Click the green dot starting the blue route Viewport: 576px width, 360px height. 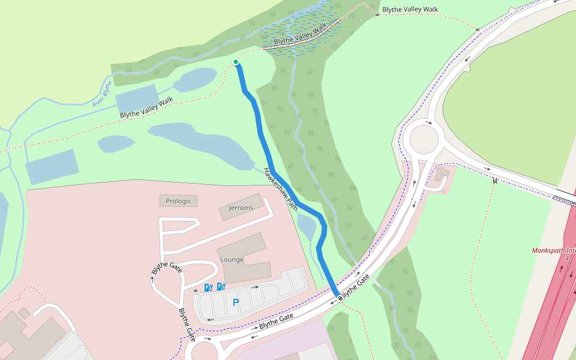pyautogui.click(x=236, y=62)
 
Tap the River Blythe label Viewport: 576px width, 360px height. pyautogui.click(x=103, y=94)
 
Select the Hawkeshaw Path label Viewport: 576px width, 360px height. pyautogui.click(x=281, y=188)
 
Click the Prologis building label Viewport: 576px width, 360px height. pyautogui.click(x=178, y=201)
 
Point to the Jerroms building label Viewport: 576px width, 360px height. pyautogui.click(x=241, y=208)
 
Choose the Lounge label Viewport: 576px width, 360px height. pyautogui.click(x=232, y=260)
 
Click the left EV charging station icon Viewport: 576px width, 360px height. pyautogui.click(x=209, y=287)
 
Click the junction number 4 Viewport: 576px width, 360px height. pyautogui.click(x=566, y=259)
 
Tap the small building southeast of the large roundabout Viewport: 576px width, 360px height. pyautogui.click(x=443, y=175)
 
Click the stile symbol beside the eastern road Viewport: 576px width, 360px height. pyautogui.click(x=495, y=180)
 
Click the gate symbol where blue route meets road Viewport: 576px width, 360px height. pyautogui.click(x=339, y=296)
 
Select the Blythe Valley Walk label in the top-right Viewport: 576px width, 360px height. pyautogui.click(x=410, y=9)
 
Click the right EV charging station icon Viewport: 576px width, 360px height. pyautogui.click(x=221, y=287)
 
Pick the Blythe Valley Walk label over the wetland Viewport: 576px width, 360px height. pyautogui.click(x=301, y=34)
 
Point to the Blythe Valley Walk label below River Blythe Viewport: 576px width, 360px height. pyautogui.click(x=146, y=107)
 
